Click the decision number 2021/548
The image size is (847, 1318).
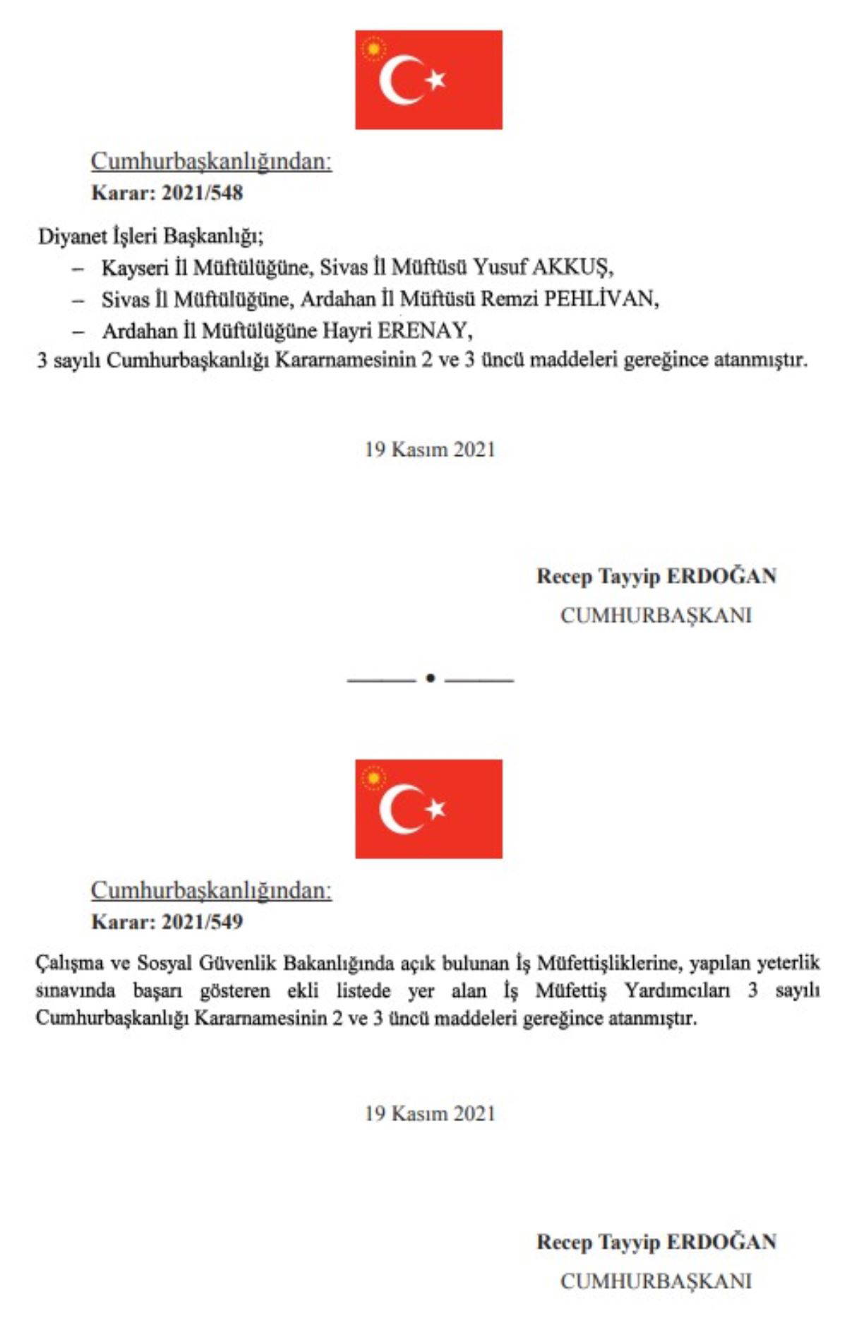pyautogui.click(x=202, y=193)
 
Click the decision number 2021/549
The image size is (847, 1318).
pyautogui.click(x=202, y=922)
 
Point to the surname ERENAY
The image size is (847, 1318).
pyautogui.click(x=424, y=330)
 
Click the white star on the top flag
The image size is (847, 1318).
pyautogui.click(x=436, y=80)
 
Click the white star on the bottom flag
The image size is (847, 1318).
pyautogui.click(x=436, y=809)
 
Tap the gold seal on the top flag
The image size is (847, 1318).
pyautogui.click(x=373, y=49)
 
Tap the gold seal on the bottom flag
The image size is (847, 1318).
pyautogui.click(x=373, y=778)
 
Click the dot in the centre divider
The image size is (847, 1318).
pyautogui.click(x=431, y=678)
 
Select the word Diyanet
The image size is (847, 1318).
pyautogui.click(x=72, y=236)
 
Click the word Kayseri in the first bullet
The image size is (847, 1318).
pyautogui.click(x=135, y=268)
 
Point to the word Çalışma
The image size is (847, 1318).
pyautogui.click(x=70, y=964)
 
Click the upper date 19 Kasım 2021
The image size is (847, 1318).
pyautogui.click(x=430, y=450)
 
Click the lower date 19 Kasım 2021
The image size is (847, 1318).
pyautogui.click(x=430, y=1114)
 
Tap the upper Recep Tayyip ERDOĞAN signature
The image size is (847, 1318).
pyautogui.click(x=656, y=576)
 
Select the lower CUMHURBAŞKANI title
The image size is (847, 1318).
pyautogui.click(x=656, y=1281)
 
